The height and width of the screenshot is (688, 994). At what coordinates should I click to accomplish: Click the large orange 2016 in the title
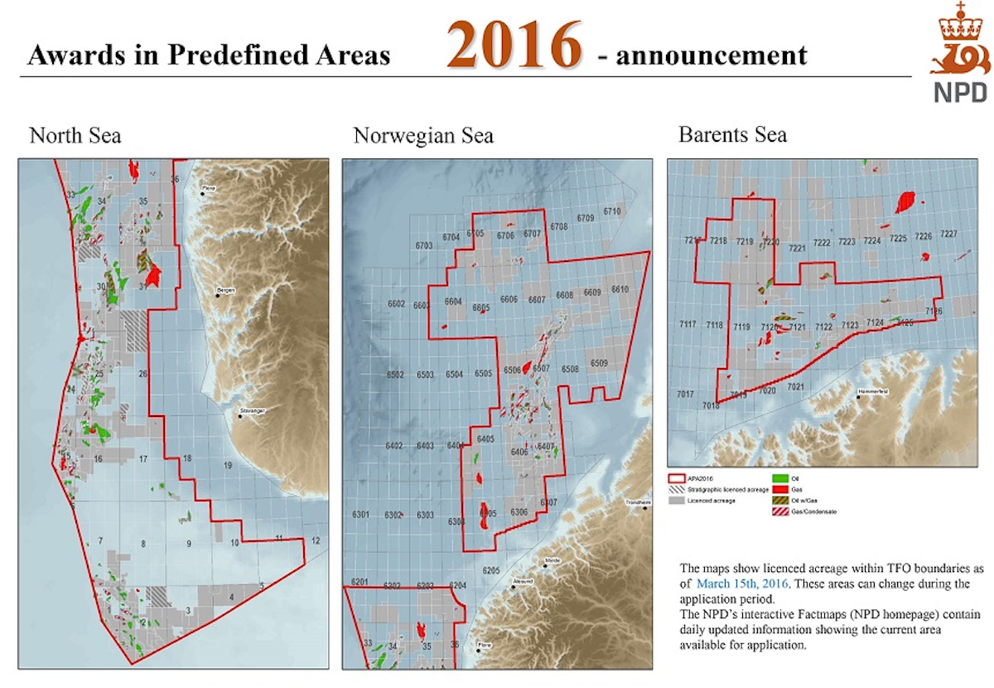pyautogui.click(x=514, y=46)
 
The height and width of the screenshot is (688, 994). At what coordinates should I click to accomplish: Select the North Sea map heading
pyautogui.click(x=75, y=135)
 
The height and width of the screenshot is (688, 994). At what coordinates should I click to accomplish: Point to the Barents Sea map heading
pyautogui.click(x=732, y=135)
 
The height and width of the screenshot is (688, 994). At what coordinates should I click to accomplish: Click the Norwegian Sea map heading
pyautogui.click(x=422, y=135)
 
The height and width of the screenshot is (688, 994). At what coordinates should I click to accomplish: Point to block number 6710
pyautogui.click(x=612, y=212)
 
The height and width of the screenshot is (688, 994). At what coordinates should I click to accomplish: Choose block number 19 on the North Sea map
pyautogui.click(x=228, y=468)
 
